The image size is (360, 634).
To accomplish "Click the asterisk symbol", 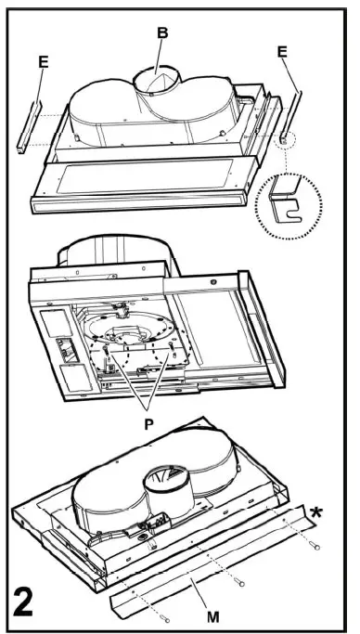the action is (318, 512).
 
